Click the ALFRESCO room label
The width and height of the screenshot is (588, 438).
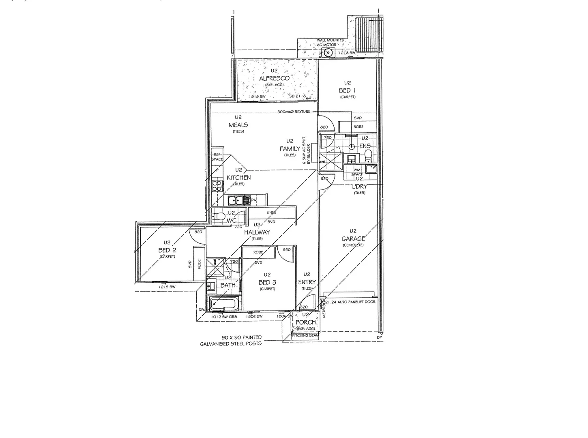pyautogui.click(x=274, y=78)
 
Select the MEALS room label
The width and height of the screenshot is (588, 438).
pyautogui.click(x=238, y=125)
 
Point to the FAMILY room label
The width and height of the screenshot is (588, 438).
pyautogui.click(x=290, y=149)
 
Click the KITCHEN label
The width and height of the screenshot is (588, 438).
pyautogui.click(x=238, y=178)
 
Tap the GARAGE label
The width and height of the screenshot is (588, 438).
pyautogui.click(x=353, y=239)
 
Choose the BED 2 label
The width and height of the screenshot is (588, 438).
pyautogui.click(x=167, y=251)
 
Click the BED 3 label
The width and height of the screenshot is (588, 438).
pyautogui.click(x=267, y=282)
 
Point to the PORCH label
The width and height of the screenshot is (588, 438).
pyautogui.click(x=305, y=322)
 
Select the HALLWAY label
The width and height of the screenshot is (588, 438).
pyautogui.click(x=257, y=232)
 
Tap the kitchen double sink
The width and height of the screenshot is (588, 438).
pyautogui.click(x=235, y=200)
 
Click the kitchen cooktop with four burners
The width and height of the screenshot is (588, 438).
pyautogui.click(x=217, y=185)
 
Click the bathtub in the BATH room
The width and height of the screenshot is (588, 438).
pyautogui.click(x=224, y=303)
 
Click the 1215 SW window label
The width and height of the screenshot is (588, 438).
pyautogui.click(x=167, y=287)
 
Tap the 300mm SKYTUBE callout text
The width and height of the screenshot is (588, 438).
pyautogui.click(x=294, y=112)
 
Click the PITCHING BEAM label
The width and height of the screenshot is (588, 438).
pyautogui.click(x=306, y=335)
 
